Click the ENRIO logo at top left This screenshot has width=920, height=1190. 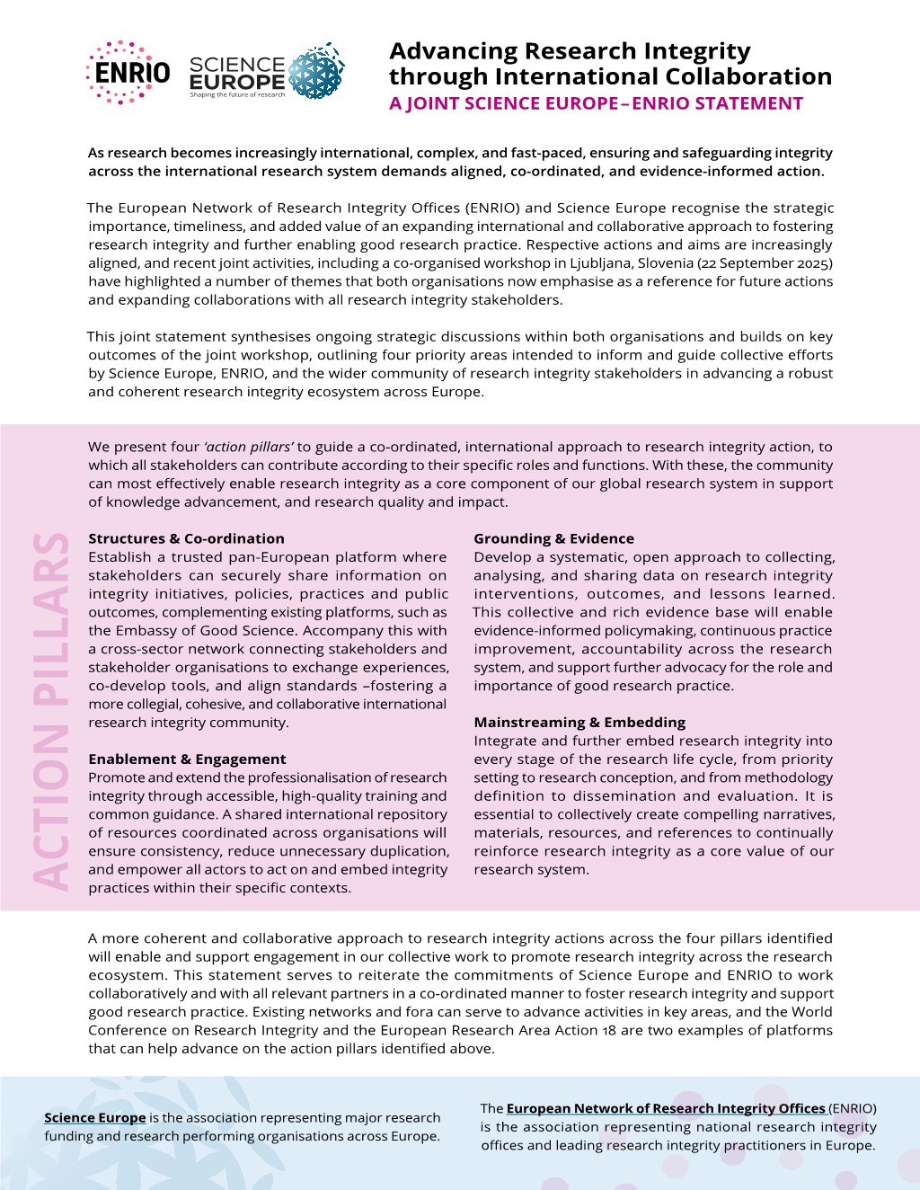pyautogui.click(x=128, y=72)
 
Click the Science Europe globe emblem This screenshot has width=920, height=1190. pyautogui.click(x=315, y=70)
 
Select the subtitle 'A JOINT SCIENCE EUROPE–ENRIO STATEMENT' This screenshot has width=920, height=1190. pyautogui.click(x=596, y=103)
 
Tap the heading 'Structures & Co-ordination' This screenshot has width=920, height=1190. pyautogui.click(x=186, y=538)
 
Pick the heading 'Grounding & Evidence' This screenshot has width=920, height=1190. pyautogui.click(x=553, y=538)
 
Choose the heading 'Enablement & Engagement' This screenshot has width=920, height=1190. pyautogui.click(x=187, y=759)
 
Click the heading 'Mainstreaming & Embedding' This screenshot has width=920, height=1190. pyautogui.click(x=579, y=722)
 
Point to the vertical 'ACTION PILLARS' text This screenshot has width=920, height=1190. pyautogui.click(x=51, y=710)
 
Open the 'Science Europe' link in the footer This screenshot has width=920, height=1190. pyautogui.click(x=95, y=1117)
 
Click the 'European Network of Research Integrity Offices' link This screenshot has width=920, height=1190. pyautogui.click(x=666, y=1108)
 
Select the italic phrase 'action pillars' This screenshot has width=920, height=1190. pyautogui.click(x=249, y=447)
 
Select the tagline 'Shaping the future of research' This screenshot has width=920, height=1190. pyautogui.click(x=237, y=94)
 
